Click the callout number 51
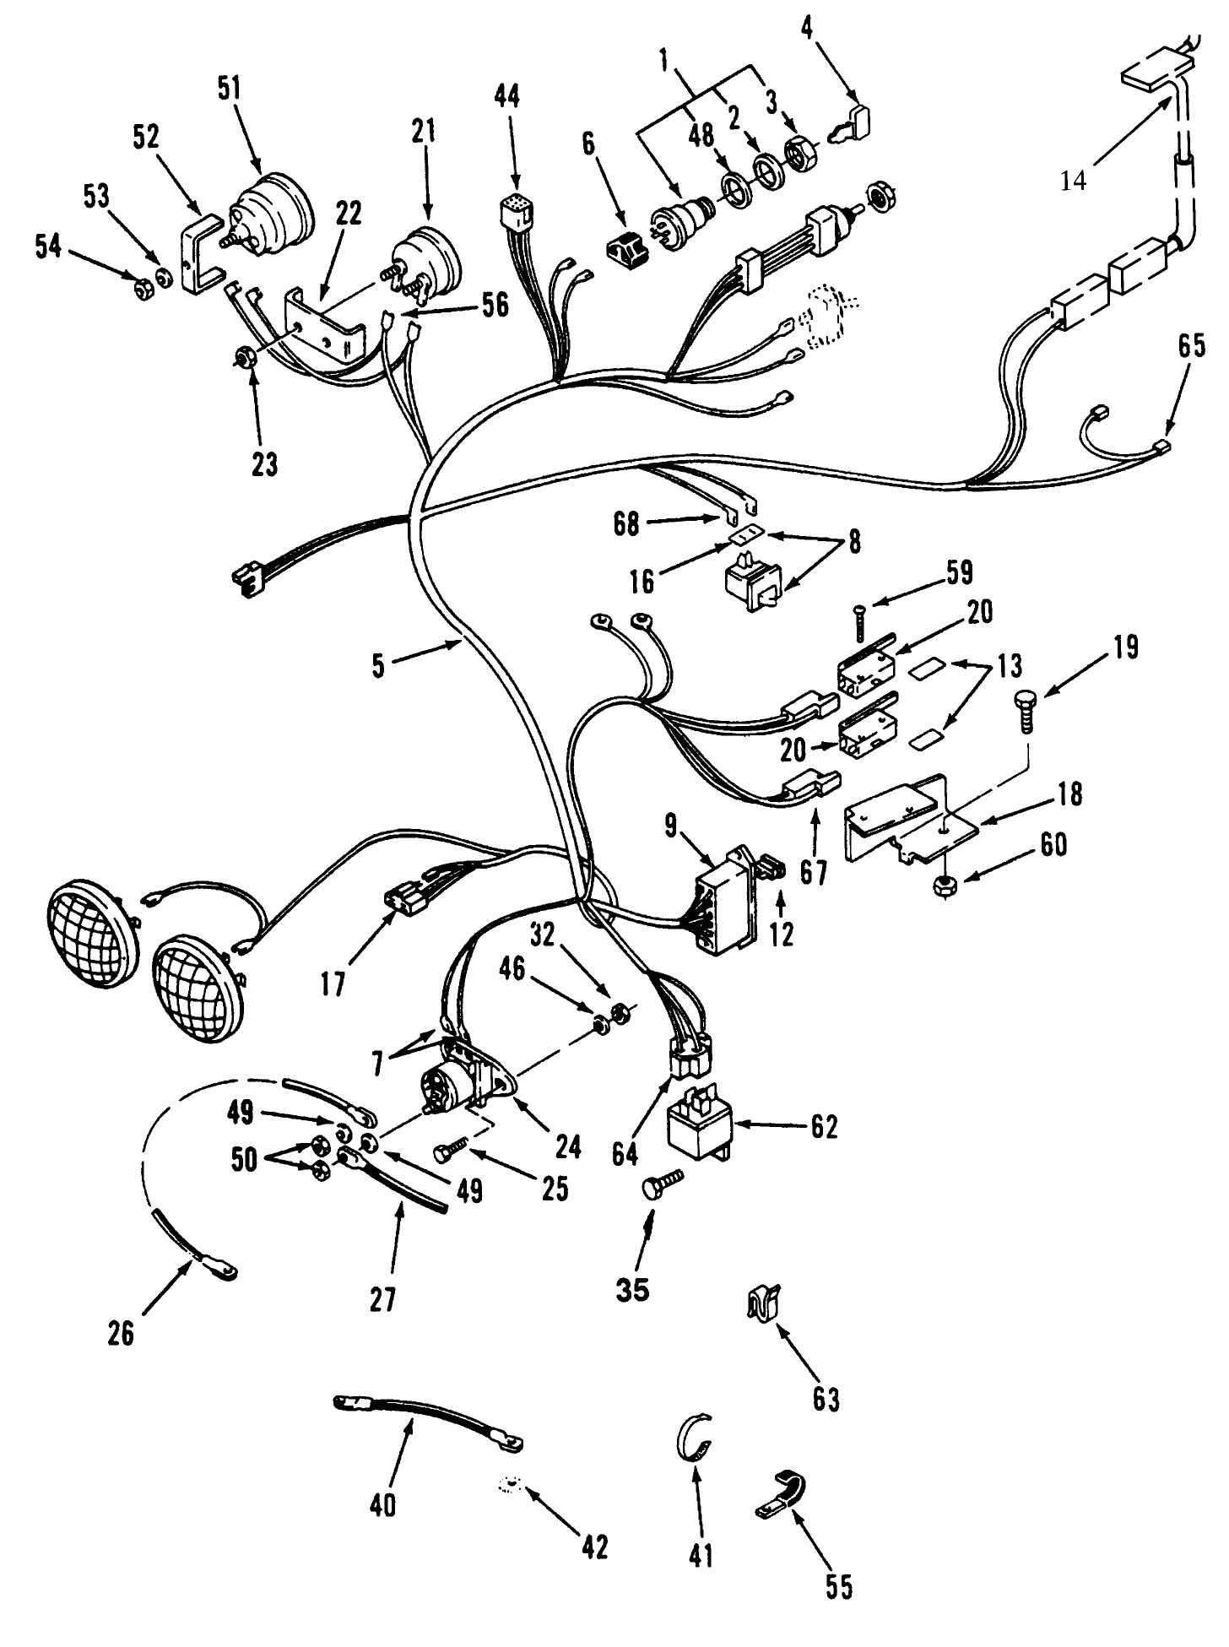[229, 89]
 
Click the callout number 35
[632, 1289]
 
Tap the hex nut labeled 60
[945, 886]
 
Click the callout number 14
[1073, 181]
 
